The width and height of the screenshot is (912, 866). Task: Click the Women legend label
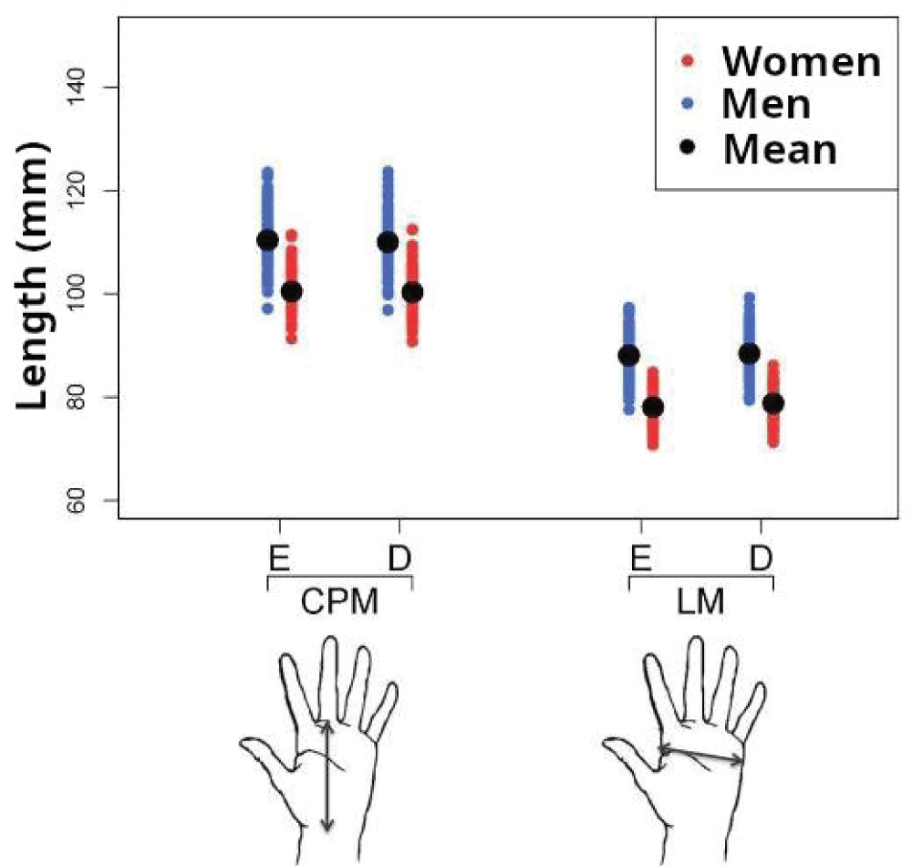click(x=801, y=61)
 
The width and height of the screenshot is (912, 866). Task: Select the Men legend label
click(x=765, y=104)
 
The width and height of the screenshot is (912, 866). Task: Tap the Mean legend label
click(x=779, y=148)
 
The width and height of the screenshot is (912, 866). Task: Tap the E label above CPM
click(x=276, y=557)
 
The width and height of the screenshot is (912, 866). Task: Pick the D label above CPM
click(x=398, y=557)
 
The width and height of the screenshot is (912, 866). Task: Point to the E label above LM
click(x=640, y=557)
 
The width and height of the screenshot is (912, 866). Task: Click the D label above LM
click(x=761, y=557)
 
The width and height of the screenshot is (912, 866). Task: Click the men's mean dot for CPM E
click(x=267, y=240)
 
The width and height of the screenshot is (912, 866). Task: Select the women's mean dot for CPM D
click(x=412, y=292)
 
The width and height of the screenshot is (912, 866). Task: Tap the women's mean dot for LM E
click(x=653, y=408)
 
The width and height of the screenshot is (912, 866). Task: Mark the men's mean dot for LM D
click(x=749, y=353)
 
